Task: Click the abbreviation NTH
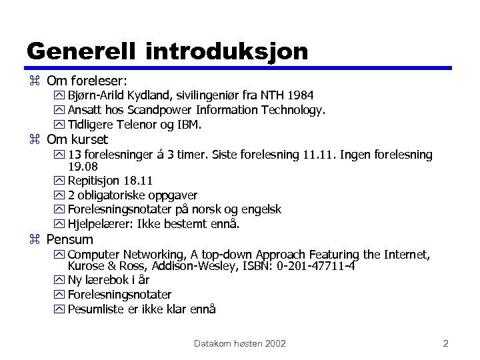tap(267, 95)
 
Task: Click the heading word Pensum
tap(70, 239)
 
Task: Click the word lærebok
tap(107, 280)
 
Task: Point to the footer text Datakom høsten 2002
tap(240, 343)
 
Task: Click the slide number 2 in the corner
tap(445, 343)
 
